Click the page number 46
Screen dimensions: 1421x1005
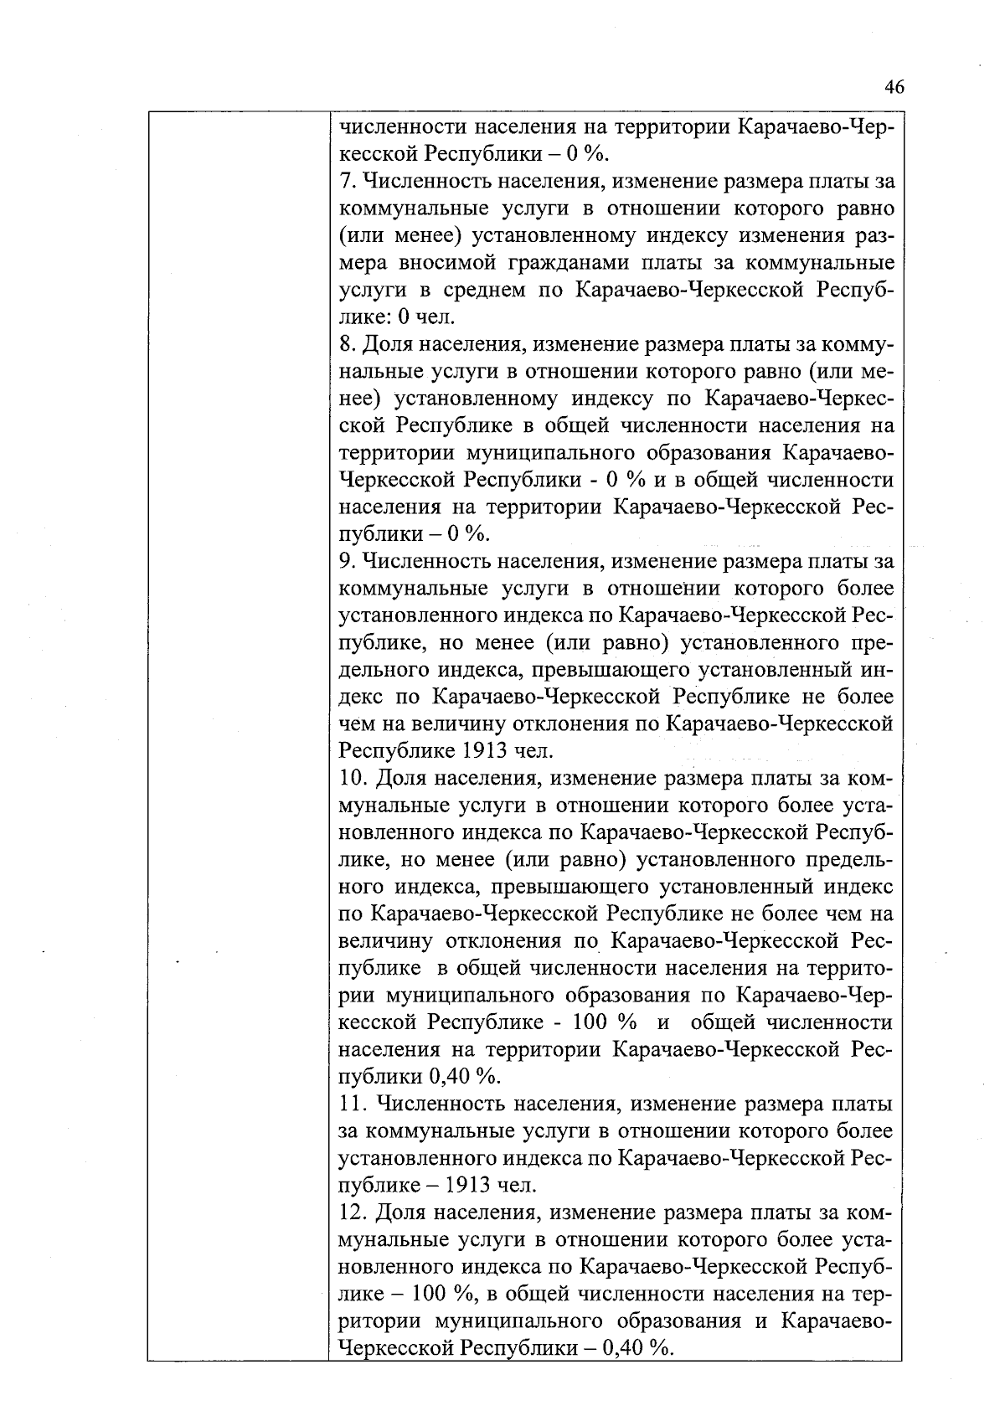tap(894, 88)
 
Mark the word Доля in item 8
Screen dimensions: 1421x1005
tap(387, 344)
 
